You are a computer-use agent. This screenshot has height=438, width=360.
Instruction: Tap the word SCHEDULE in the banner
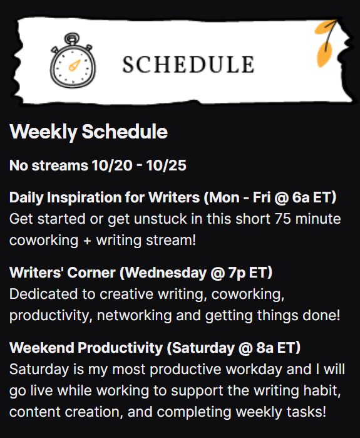tap(188, 65)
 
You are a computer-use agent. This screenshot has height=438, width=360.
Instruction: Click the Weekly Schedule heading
tap(88, 132)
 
